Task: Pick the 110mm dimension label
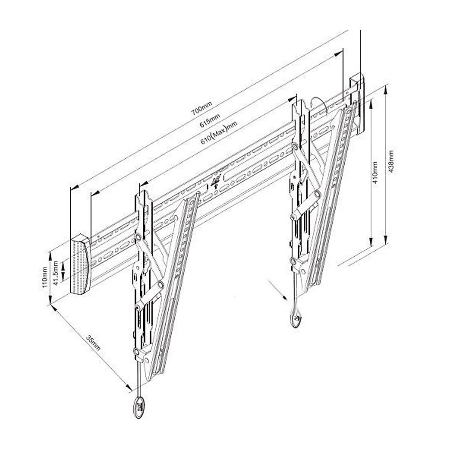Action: pyautogui.click(x=45, y=277)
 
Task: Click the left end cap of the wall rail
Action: pyautogui.click(x=80, y=265)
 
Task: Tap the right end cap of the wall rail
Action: pyautogui.click(x=357, y=103)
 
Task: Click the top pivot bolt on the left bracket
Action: pyautogui.click(x=138, y=237)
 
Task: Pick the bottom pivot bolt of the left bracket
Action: pyautogui.click(x=136, y=351)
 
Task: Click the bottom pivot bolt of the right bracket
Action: pyautogui.click(x=294, y=260)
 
